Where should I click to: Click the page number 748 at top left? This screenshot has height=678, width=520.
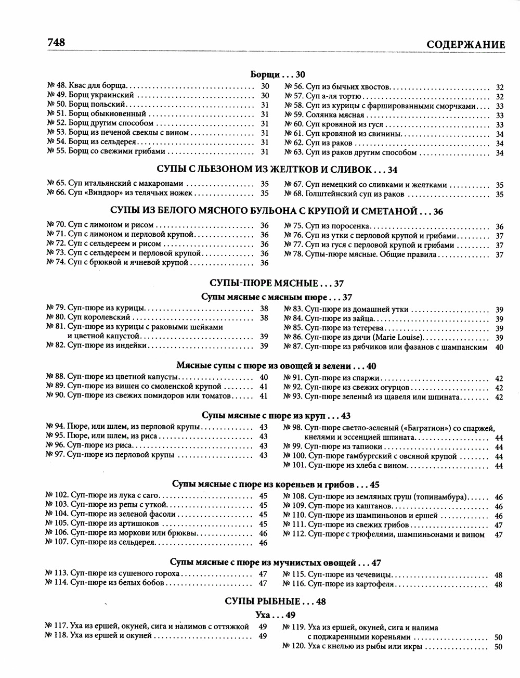click(x=56, y=42)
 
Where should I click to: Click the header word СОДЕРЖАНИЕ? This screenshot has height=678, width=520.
click(x=465, y=45)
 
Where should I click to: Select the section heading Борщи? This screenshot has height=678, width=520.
click(x=266, y=74)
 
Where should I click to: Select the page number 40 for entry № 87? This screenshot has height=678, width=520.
click(x=499, y=347)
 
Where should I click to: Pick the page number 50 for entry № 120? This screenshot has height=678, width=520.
click(x=498, y=647)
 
